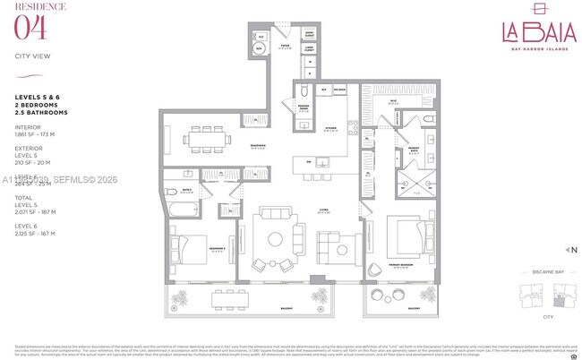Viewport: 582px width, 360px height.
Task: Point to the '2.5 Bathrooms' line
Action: click(x=42, y=113)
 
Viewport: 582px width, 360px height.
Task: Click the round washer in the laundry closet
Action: click(x=259, y=50)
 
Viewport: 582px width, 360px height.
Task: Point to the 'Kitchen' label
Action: click(x=330, y=128)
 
